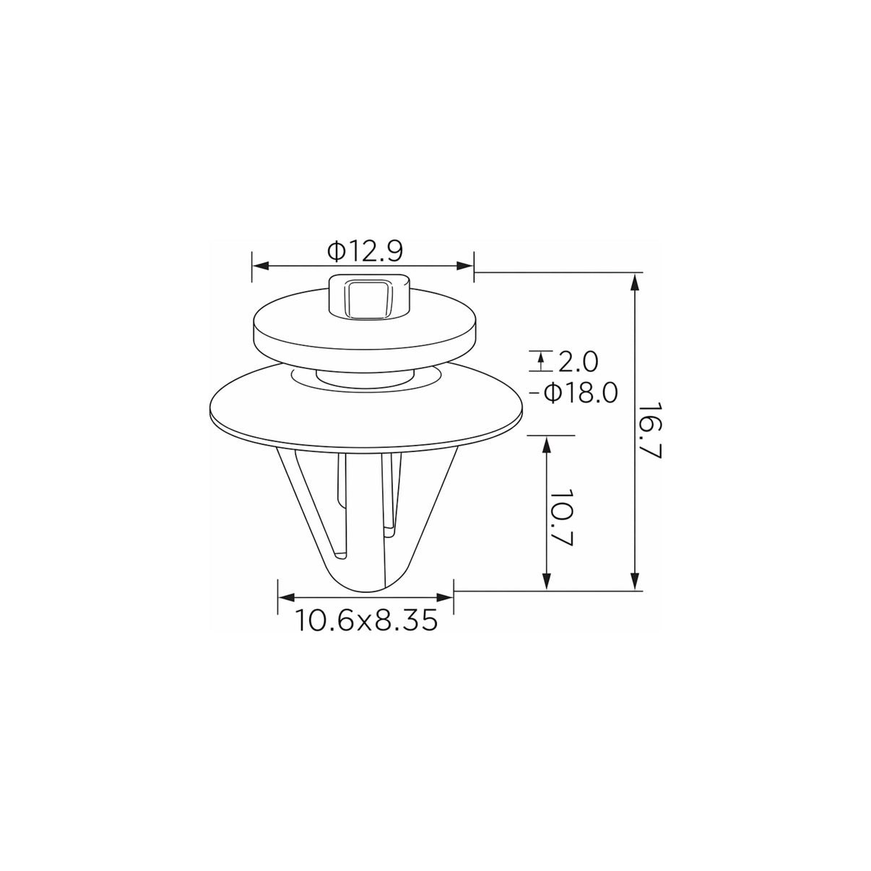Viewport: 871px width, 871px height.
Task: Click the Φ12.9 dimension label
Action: pyautogui.click(x=365, y=251)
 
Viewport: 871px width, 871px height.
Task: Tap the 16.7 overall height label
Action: pyautogui.click(x=651, y=432)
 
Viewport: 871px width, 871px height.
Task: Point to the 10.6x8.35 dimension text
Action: pyautogui.click(x=366, y=620)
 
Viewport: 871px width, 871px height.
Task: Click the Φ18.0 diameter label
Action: pyautogui.click(x=581, y=393)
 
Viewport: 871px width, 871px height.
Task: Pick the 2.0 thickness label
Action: pyautogui.click(x=578, y=363)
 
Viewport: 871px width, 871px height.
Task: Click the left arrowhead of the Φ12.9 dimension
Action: pyautogui.click(x=261, y=266)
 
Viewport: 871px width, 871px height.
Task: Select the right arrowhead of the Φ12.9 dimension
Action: pyautogui.click(x=465, y=266)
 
